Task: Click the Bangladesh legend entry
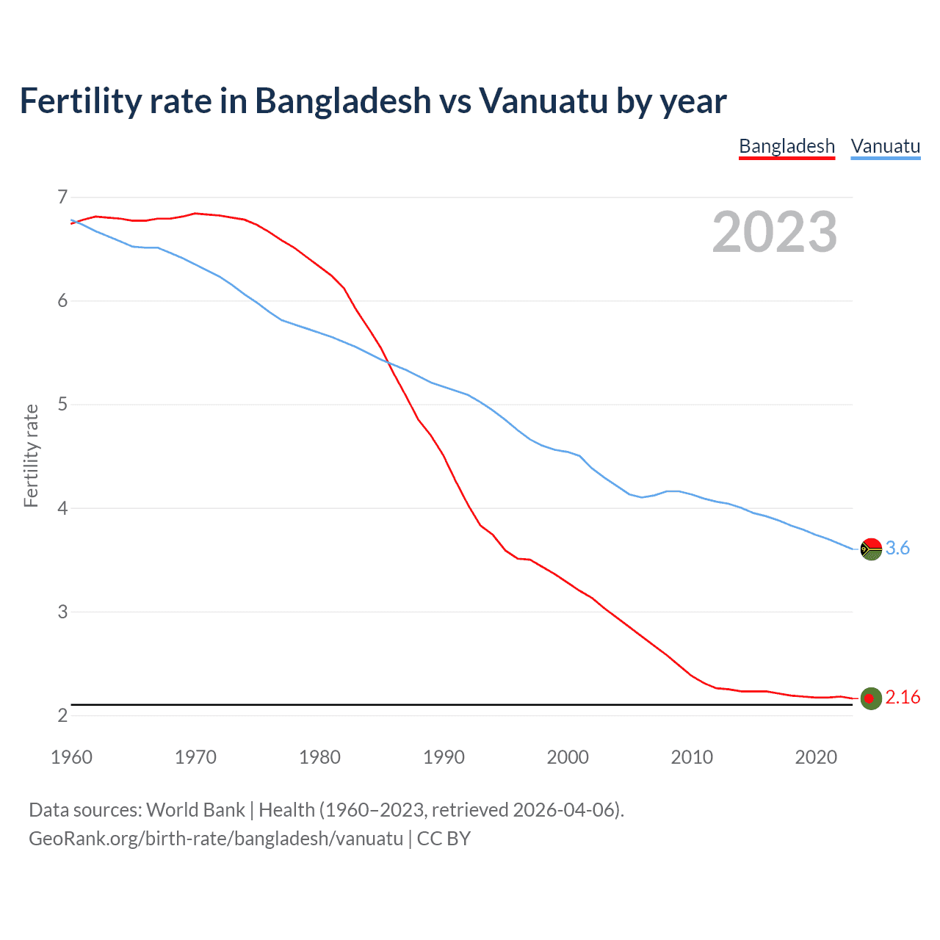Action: click(787, 146)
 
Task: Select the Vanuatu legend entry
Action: click(885, 146)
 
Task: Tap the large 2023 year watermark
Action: click(774, 232)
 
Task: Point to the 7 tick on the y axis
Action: click(62, 197)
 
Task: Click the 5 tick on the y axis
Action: click(62, 404)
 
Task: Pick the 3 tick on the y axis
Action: click(62, 612)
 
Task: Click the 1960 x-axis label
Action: click(71, 757)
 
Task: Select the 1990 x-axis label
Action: click(444, 757)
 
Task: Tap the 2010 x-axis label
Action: click(692, 757)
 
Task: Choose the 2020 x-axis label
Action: click(816, 757)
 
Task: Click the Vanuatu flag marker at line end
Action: click(871, 549)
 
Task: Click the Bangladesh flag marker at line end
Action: click(871, 698)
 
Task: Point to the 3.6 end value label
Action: click(897, 548)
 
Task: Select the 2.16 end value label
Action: click(903, 697)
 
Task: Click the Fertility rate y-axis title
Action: click(31, 455)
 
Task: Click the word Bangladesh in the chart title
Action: click(343, 101)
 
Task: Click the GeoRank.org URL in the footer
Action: click(216, 839)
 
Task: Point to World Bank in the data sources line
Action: click(195, 810)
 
